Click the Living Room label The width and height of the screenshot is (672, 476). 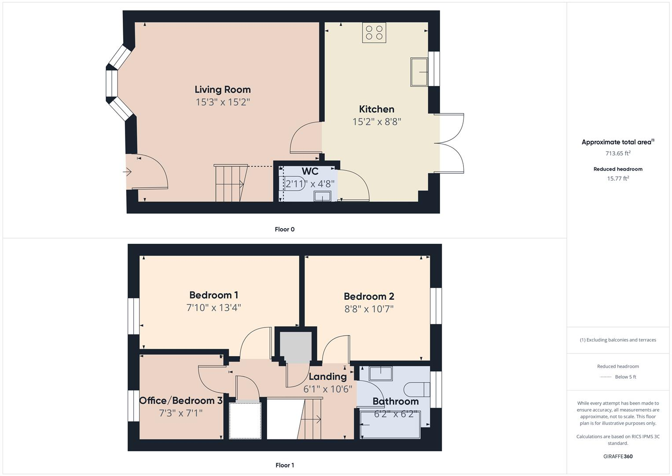coord(222,89)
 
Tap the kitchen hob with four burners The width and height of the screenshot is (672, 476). coord(374,33)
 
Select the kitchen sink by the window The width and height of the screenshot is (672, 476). coord(419,72)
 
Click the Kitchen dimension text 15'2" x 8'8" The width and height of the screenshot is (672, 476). coord(376,122)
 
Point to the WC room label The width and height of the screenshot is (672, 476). coord(310,171)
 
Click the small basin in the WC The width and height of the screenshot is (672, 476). coord(323,196)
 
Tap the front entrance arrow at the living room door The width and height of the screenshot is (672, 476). coord(128,172)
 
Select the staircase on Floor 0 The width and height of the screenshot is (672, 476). coord(229,183)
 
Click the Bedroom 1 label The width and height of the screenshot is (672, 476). coord(213,295)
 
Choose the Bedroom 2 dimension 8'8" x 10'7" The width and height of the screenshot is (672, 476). coord(369,309)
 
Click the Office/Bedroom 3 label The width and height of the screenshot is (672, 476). coord(180,401)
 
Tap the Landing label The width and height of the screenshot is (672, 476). coord(327,376)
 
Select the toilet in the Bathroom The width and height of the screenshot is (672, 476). coord(416,390)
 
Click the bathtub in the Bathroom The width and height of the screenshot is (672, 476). coord(390,424)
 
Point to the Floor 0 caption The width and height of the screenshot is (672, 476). coord(284,229)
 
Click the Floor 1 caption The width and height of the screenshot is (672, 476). coord(284,465)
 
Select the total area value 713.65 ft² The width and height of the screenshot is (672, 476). coord(618,153)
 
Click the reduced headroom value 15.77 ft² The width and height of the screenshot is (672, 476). coord(618,178)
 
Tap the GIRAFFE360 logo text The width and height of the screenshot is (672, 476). coord(618,456)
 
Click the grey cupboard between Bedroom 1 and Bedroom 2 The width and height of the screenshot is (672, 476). coord(296,346)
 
